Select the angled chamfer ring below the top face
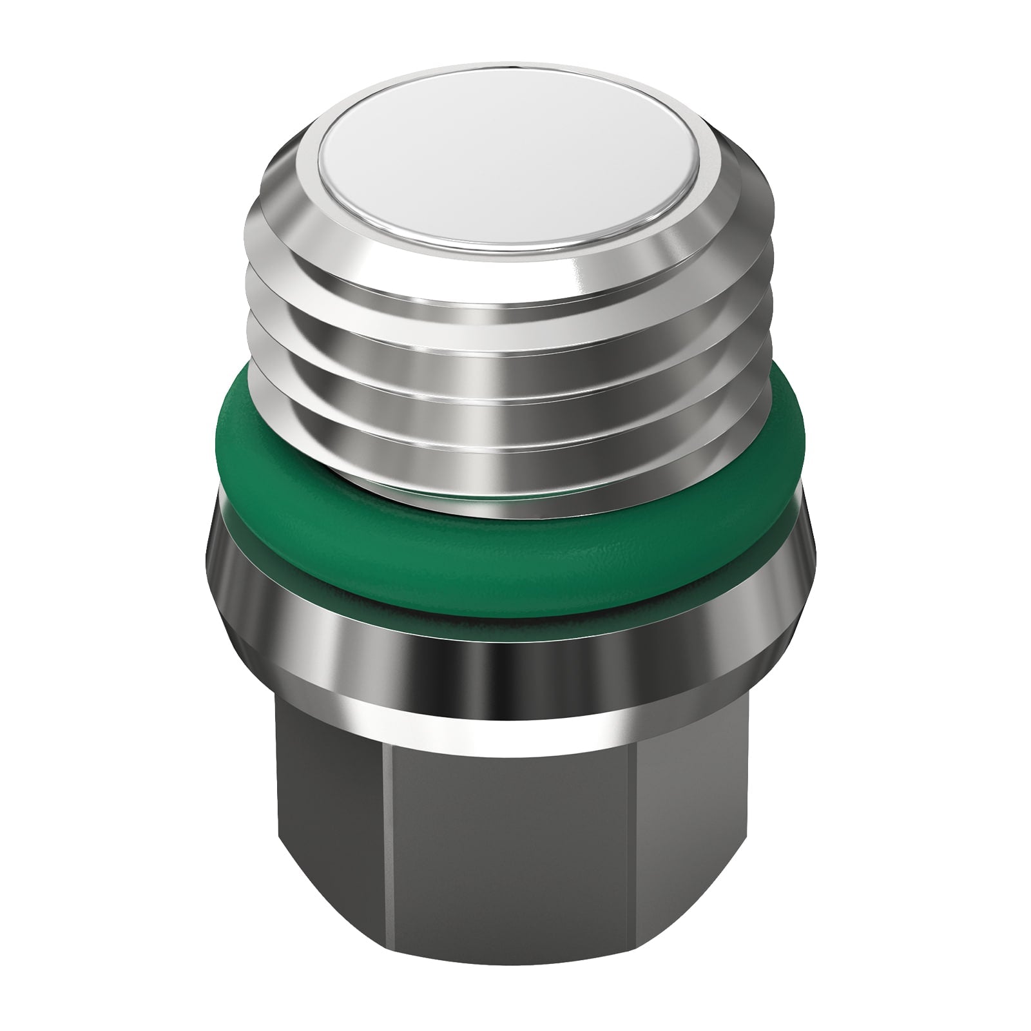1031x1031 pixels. click(512, 271)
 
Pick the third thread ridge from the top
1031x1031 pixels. click(512, 400)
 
